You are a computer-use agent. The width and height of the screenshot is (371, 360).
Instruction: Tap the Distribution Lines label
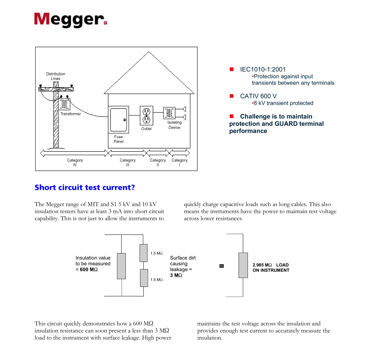click(x=56, y=76)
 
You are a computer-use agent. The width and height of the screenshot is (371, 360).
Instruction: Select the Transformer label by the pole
click(x=70, y=114)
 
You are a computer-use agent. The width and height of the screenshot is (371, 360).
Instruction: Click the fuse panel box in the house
click(x=118, y=120)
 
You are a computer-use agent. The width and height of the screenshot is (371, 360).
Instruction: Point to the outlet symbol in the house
click(x=146, y=114)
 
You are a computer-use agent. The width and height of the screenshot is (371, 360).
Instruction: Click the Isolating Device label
click(x=174, y=125)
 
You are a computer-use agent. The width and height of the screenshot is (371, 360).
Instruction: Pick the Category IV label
click(x=74, y=163)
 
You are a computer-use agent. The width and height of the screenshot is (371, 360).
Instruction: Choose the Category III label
click(x=127, y=163)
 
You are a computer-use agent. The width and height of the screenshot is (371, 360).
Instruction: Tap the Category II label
click(x=158, y=163)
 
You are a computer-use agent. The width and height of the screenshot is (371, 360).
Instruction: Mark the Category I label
click(x=179, y=163)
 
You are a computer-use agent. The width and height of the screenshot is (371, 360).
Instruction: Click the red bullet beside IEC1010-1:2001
click(x=231, y=69)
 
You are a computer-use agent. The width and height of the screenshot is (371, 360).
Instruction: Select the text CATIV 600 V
click(x=258, y=96)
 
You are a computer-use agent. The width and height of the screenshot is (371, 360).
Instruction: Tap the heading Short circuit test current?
click(x=85, y=188)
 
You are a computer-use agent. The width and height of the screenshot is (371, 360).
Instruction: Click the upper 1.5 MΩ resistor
click(x=144, y=253)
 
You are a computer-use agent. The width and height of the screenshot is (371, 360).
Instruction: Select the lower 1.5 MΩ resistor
click(x=144, y=278)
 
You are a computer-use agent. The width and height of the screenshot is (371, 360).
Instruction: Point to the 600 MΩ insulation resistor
click(x=122, y=266)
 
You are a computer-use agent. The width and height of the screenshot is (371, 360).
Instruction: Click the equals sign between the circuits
click(x=221, y=266)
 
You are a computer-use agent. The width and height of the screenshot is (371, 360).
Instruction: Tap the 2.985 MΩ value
click(x=262, y=265)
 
